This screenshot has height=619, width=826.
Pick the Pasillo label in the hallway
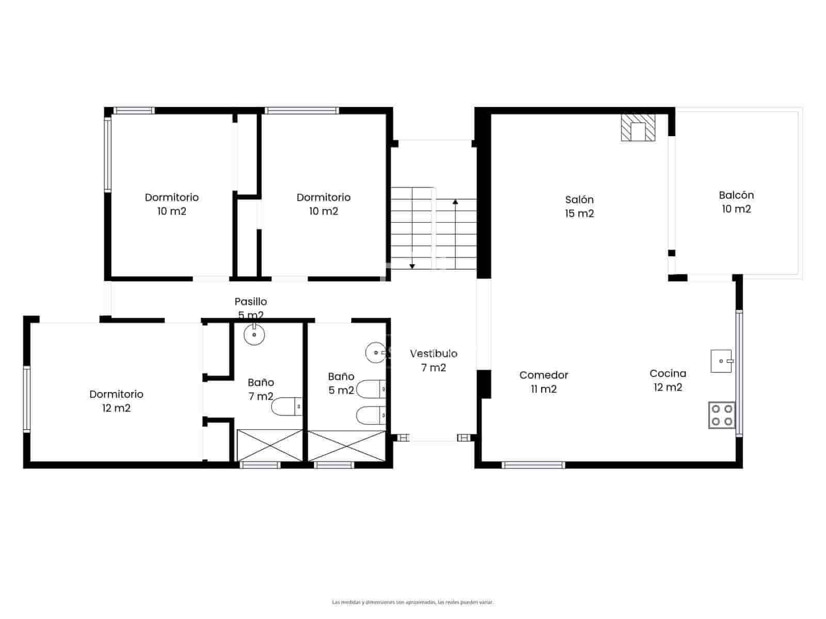click(x=251, y=302)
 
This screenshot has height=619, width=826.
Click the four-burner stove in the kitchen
click(x=722, y=415)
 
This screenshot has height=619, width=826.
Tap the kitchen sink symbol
click(x=721, y=361)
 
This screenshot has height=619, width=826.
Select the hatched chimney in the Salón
click(x=638, y=127)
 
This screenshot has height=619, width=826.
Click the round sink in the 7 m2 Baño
click(x=254, y=335)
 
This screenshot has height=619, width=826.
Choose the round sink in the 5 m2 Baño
click(x=375, y=352)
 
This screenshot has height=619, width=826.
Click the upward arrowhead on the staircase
click(x=455, y=202)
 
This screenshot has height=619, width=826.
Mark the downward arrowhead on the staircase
click(x=412, y=266)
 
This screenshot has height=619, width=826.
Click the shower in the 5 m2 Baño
click(x=346, y=446)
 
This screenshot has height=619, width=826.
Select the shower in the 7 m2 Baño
click(x=269, y=445)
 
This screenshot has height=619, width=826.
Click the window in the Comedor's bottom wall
click(x=533, y=465)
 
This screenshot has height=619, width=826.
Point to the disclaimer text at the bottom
click(x=412, y=602)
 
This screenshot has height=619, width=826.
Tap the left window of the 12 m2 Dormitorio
click(x=27, y=398)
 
